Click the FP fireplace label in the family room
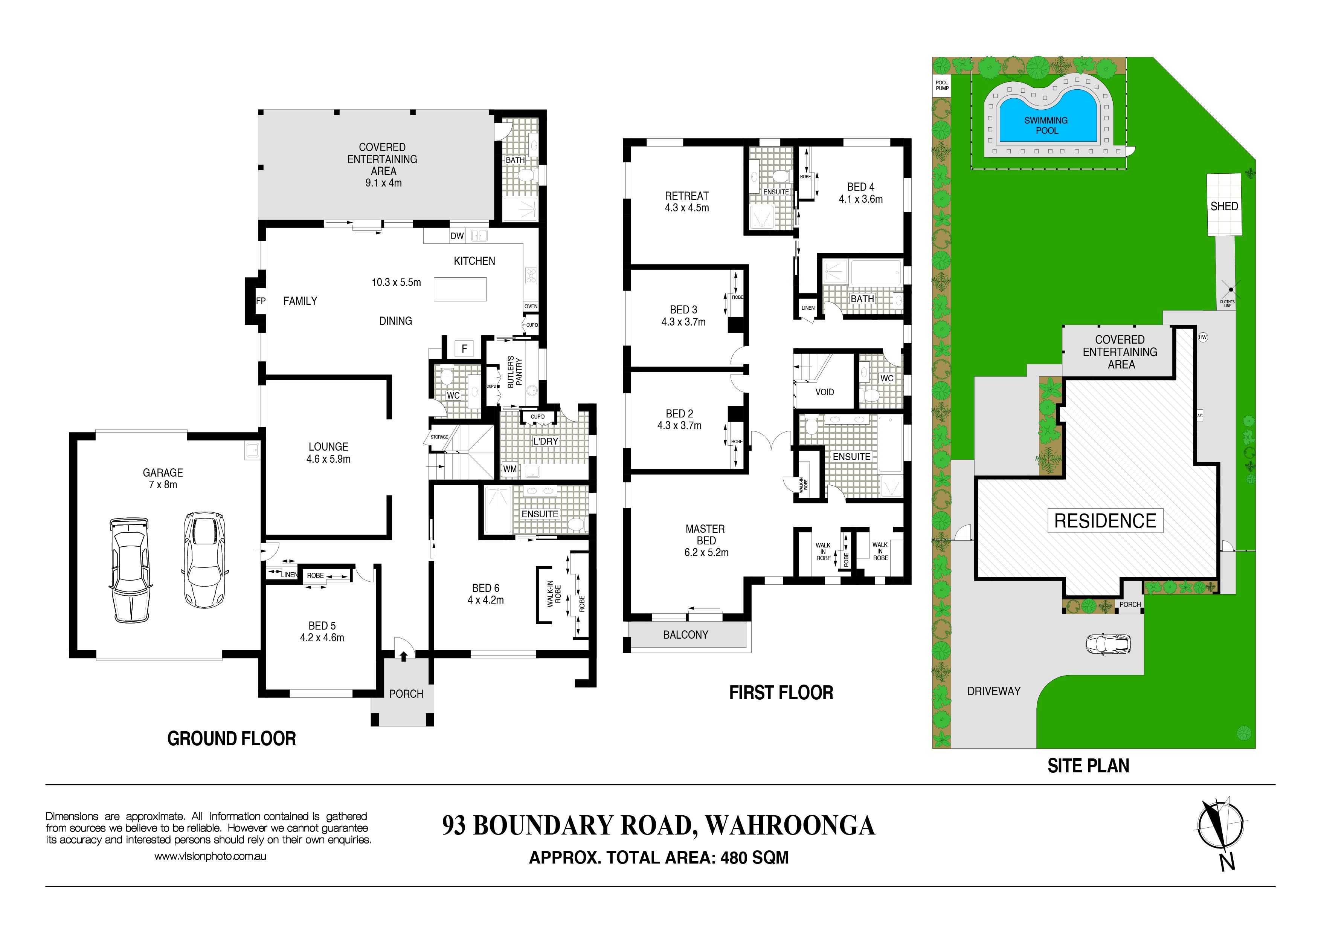click(261, 301)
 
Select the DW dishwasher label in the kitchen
click(458, 235)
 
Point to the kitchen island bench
click(460, 289)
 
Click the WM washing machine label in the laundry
click(510, 469)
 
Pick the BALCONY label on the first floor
click(685, 635)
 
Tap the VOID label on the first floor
click(824, 392)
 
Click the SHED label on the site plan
click(1224, 206)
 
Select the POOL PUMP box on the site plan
click(942, 86)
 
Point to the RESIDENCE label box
click(1105, 521)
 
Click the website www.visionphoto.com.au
click(210, 856)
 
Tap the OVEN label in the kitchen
click(531, 306)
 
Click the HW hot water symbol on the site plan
click(1202, 337)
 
